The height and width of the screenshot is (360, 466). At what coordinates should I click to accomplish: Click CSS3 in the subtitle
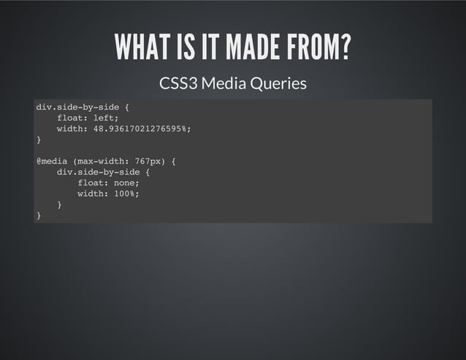pyautogui.click(x=177, y=84)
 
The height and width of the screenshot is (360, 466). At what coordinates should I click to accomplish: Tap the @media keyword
pyautogui.click(x=52, y=161)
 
